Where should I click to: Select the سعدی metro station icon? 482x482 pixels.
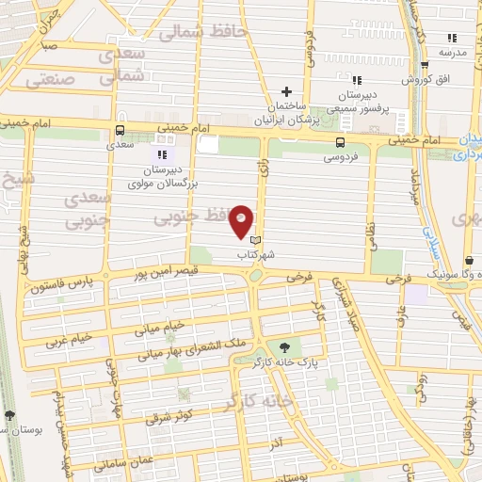click(119, 131)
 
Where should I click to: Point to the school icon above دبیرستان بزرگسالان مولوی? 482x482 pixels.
click(161, 153)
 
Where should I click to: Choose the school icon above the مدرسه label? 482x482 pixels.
click(452, 39)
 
